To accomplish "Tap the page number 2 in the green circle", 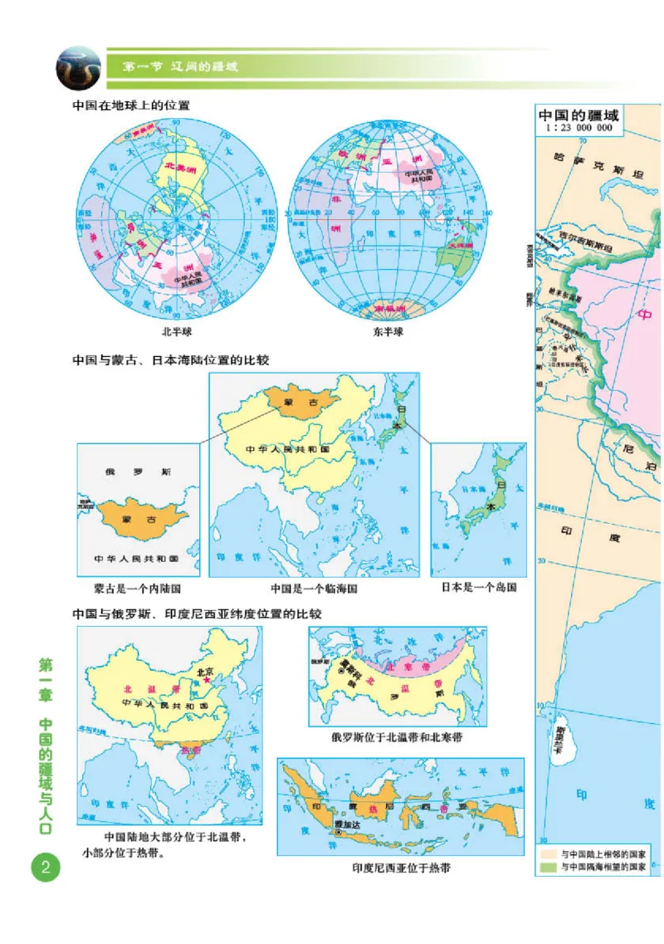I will (44, 868).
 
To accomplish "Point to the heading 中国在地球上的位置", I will (131, 107).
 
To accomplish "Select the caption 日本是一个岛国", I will (479, 588).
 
